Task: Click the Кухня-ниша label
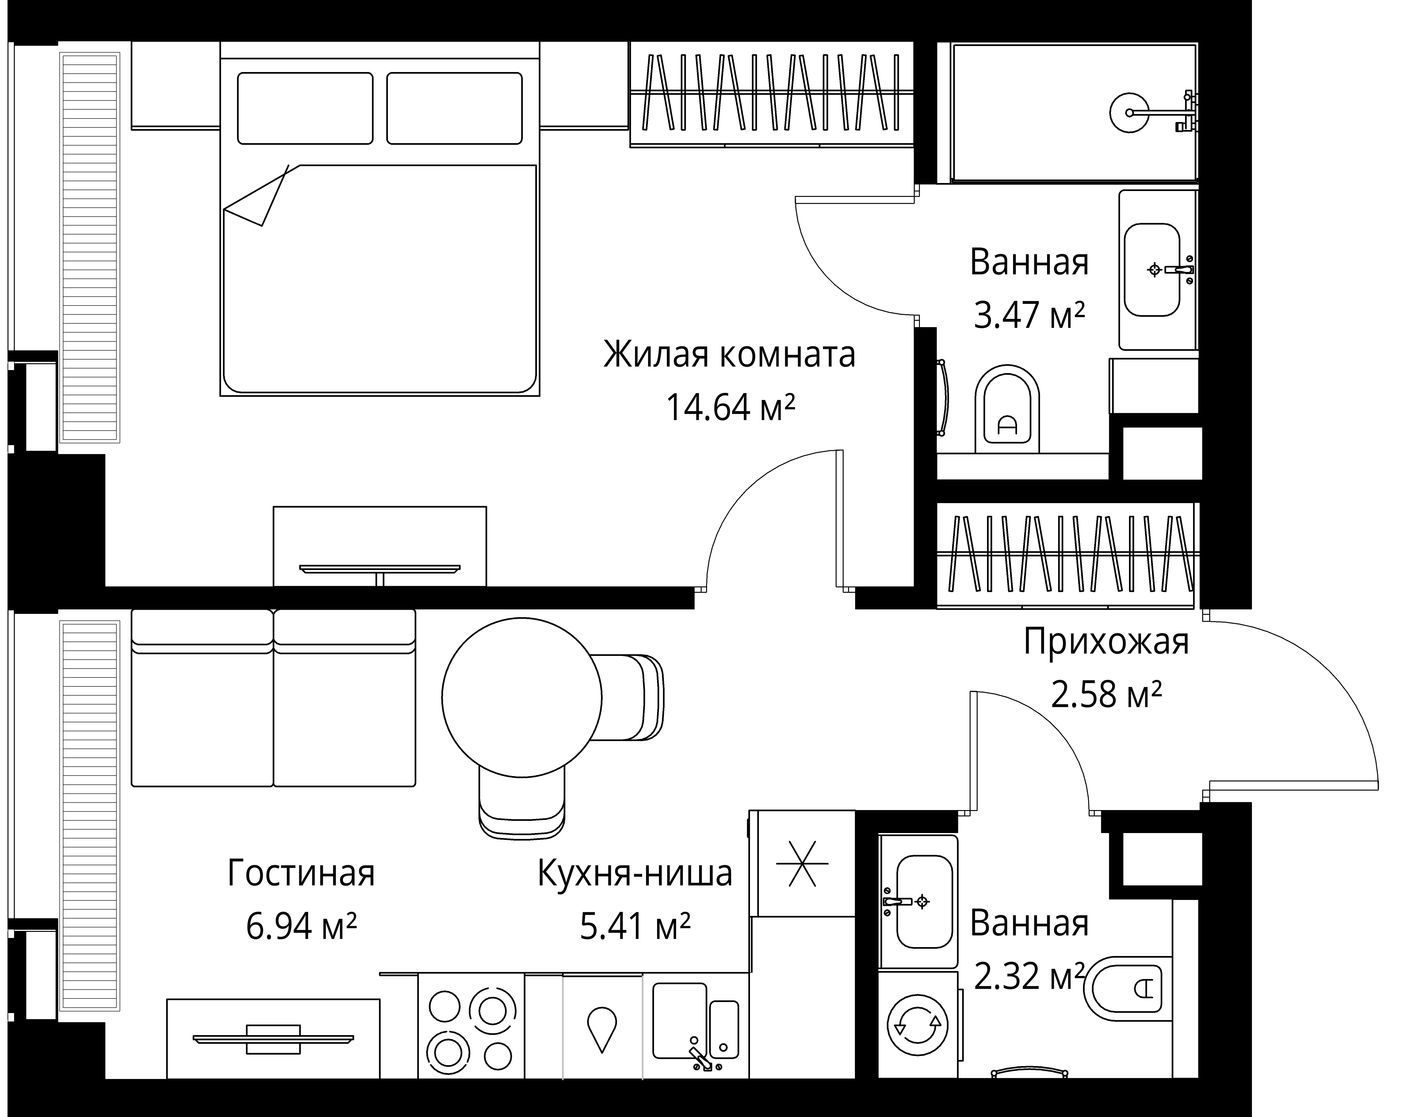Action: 635,874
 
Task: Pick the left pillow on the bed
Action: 305,108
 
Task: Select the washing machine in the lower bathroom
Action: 918,1025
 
